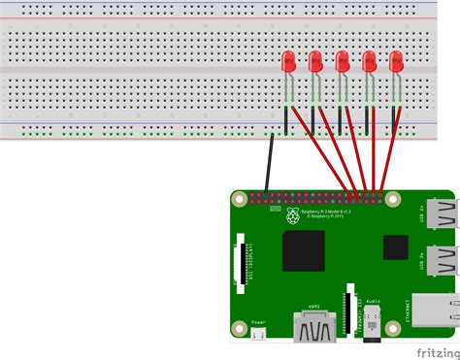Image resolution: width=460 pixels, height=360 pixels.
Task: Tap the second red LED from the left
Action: tap(315, 62)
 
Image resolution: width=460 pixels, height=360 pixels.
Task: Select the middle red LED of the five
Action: tap(342, 62)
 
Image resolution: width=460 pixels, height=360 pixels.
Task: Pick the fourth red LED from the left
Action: tap(369, 62)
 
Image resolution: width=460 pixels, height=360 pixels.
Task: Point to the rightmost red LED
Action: tap(395, 62)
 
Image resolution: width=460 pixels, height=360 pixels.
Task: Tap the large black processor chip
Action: tap(303, 250)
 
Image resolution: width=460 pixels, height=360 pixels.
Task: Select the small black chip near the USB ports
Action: tap(396, 247)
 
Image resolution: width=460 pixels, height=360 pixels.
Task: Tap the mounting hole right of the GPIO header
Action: tap(392, 199)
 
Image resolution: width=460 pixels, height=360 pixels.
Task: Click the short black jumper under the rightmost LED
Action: tap(392, 121)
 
